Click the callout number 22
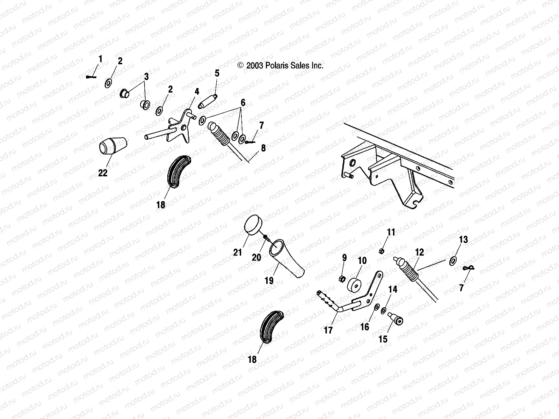[x=103, y=173]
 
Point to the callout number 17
[x=328, y=330]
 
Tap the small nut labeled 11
[x=382, y=250]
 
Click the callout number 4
[x=197, y=91]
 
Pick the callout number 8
[x=263, y=148]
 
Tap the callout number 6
[x=243, y=103]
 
